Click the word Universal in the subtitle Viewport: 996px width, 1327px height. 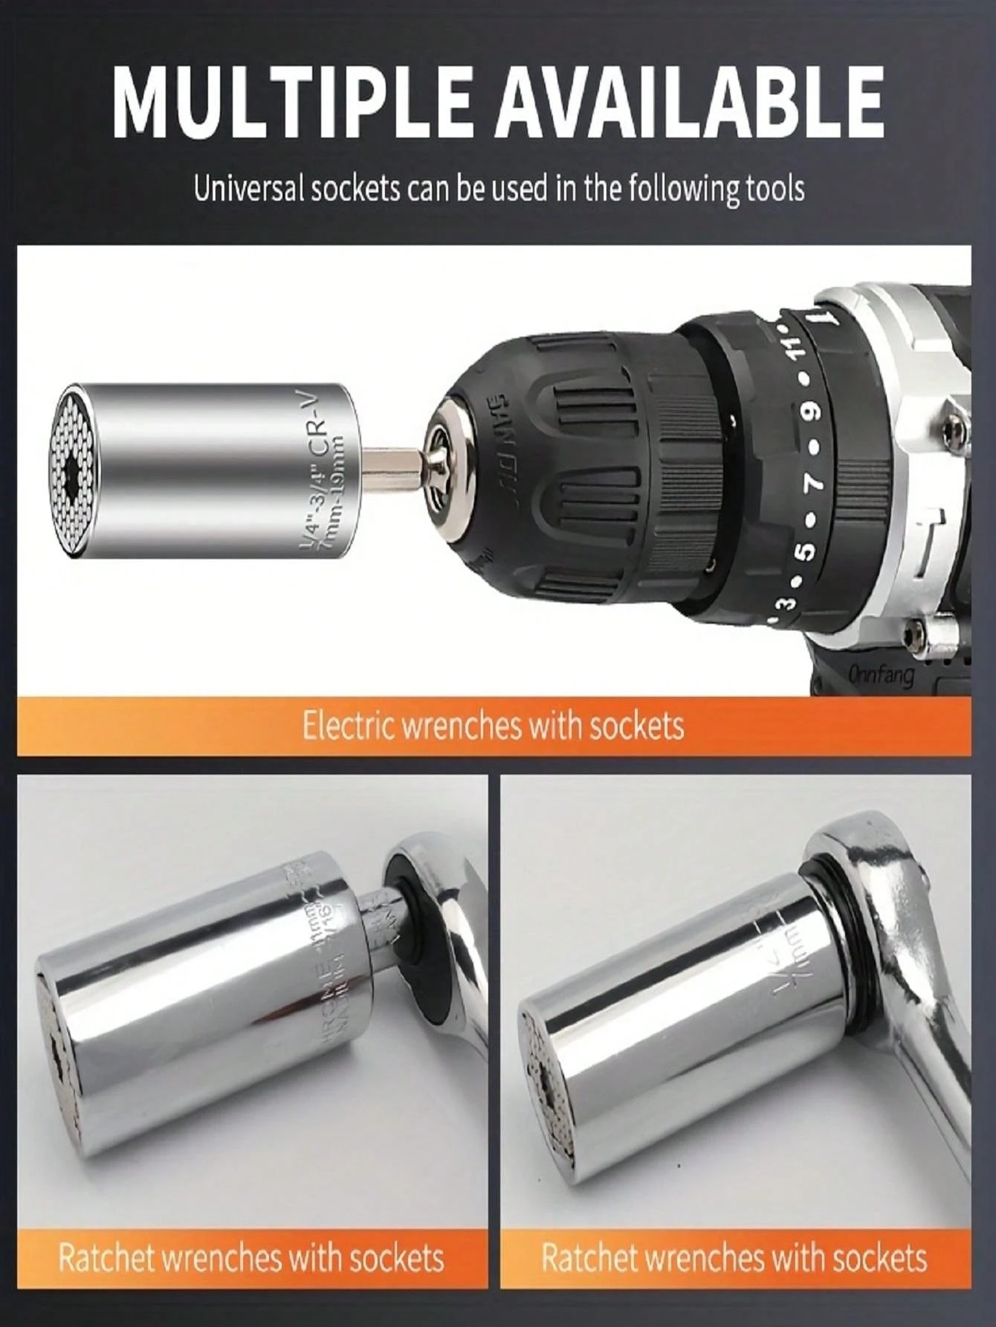(x=248, y=189)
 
